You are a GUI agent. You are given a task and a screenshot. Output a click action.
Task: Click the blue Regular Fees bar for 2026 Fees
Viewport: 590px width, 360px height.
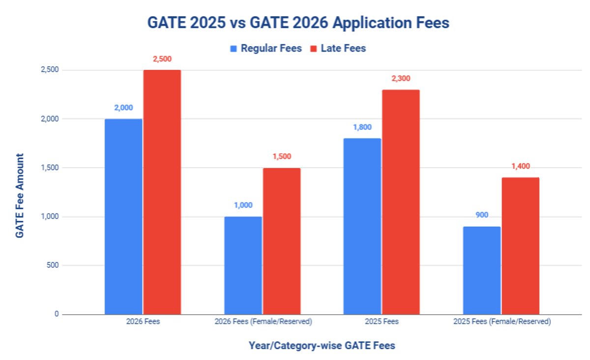click(x=123, y=216)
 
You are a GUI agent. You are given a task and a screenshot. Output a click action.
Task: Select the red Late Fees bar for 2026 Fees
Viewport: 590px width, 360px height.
click(x=162, y=192)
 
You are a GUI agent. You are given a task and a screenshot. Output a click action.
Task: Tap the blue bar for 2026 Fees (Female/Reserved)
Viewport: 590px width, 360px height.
click(x=243, y=265)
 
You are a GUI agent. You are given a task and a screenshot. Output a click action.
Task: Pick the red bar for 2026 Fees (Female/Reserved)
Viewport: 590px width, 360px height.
click(x=282, y=241)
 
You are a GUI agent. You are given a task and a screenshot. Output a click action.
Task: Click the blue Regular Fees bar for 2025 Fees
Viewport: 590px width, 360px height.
click(x=362, y=226)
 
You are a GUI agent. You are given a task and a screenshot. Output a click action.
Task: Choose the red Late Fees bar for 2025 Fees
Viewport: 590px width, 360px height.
click(x=401, y=202)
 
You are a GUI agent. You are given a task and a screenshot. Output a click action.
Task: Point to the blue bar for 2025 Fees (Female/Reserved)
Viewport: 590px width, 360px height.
click(x=482, y=270)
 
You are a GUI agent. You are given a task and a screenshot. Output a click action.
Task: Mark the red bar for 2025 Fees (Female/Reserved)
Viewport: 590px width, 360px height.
click(x=521, y=246)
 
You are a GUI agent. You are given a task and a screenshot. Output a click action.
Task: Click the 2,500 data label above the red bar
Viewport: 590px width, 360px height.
click(x=162, y=59)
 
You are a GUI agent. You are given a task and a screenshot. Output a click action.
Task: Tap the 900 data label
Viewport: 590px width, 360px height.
click(x=482, y=215)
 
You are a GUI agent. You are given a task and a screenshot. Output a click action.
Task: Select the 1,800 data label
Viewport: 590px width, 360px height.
click(x=362, y=127)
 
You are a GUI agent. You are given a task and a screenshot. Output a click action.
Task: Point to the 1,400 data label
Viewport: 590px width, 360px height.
click(x=521, y=166)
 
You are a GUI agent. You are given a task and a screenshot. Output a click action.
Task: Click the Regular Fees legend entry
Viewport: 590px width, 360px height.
click(x=266, y=49)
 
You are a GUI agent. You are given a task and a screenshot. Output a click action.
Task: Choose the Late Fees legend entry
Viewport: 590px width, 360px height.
click(x=338, y=49)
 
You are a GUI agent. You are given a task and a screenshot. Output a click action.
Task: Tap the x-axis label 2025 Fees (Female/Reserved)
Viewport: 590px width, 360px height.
click(x=501, y=322)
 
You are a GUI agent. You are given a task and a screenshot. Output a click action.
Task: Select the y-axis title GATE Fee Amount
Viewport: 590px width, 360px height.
click(x=20, y=196)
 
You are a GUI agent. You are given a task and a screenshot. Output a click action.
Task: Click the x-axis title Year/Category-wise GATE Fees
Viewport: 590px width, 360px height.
click(x=322, y=346)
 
